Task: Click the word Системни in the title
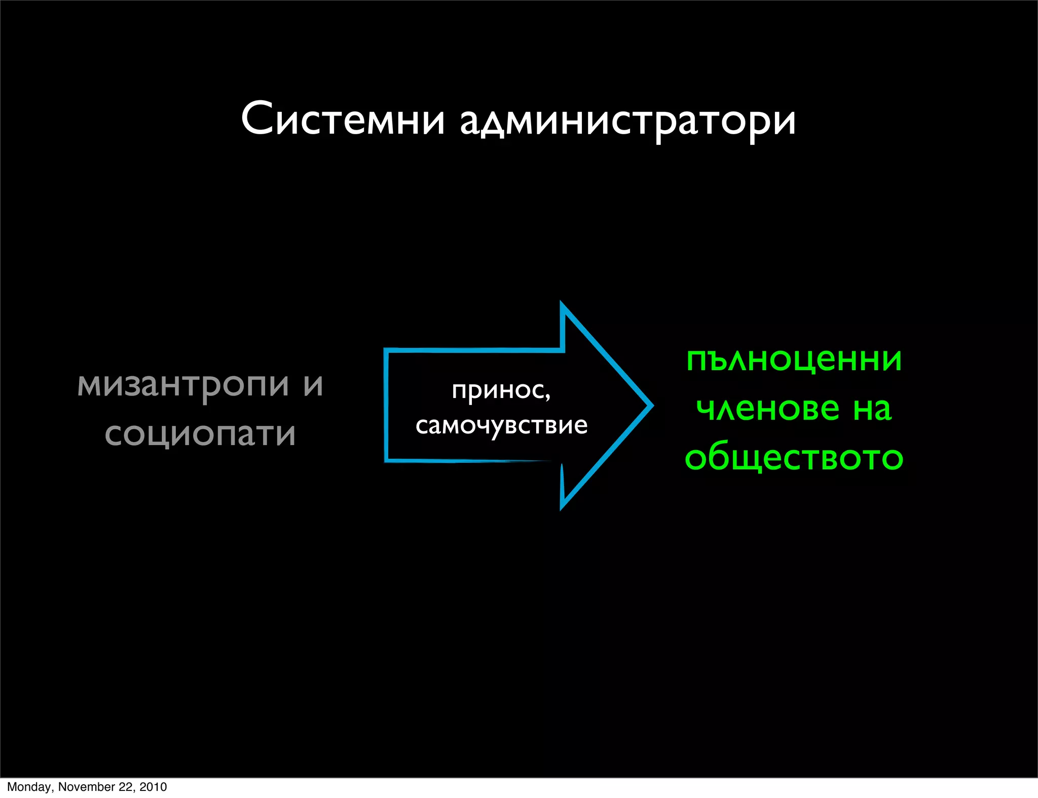click(343, 120)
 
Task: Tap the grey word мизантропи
click(183, 385)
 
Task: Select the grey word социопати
click(200, 434)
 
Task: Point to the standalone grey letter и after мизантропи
click(313, 384)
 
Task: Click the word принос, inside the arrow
click(501, 390)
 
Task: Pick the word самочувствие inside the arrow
click(501, 425)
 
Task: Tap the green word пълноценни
click(794, 360)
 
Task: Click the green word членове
click(768, 409)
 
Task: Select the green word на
click(872, 409)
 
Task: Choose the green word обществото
click(794, 457)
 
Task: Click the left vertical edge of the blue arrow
click(386, 405)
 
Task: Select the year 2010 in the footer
click(153, 787)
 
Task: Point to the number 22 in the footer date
click(125, 787)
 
